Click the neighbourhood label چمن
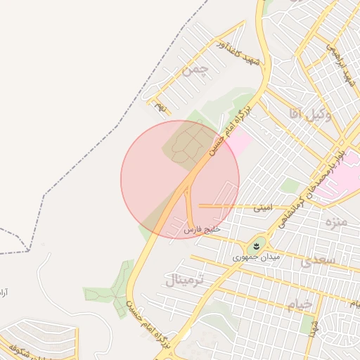click(195, 70)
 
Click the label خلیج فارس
click(203, 230)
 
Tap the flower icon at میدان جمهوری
click(254, 246)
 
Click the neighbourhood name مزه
click(333, 221)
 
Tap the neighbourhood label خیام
click(299, 305)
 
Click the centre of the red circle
click(180, 179)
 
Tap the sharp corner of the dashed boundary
click(29, 250)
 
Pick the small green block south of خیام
click(308, 325)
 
